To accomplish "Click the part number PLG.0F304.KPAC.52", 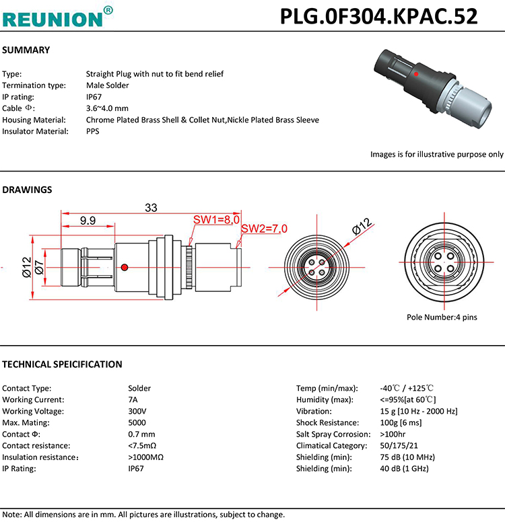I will point(378,16).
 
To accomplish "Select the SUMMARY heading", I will point(26,50).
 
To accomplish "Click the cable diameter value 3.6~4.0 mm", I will point(107,108).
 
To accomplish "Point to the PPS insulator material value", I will point(92,131).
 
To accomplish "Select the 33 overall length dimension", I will point(151,208).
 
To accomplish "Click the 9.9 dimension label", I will point(88,220).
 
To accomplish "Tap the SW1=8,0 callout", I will point(216,220).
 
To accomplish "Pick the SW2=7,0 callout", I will point(264,229).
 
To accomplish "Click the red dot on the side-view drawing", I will point(123,269).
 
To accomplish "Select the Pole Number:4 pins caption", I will point(441,317).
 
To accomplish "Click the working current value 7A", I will point(133,400).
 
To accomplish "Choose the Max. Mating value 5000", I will point(137,422).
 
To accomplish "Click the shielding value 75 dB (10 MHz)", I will point(408,457).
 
